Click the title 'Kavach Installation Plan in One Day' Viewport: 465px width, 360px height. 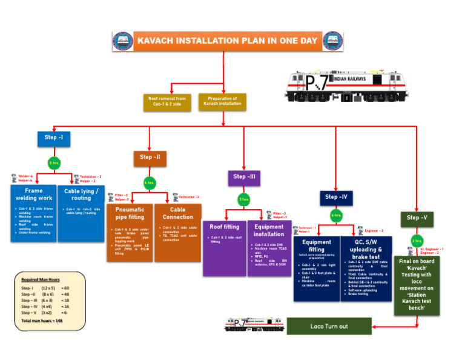point(227,41)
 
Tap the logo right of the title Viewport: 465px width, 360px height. point(331,41)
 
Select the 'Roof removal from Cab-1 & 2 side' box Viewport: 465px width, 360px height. point(168,101)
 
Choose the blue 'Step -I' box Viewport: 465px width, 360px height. point(53,138)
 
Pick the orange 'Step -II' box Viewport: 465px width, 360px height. point(150,158)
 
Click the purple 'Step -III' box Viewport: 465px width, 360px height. point(244,177)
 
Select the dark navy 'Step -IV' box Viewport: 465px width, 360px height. point(335,197)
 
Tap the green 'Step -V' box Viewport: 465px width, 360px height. point(417,218)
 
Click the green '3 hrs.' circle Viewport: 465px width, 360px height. point(244,199)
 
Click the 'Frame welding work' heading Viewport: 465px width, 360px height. point(33,194)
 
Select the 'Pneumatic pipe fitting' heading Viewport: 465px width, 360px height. point(130,213)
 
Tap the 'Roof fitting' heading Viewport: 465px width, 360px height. point(224,227)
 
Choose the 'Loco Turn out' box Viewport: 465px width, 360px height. point(329,326)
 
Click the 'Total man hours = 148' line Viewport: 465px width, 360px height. point(43,319)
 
